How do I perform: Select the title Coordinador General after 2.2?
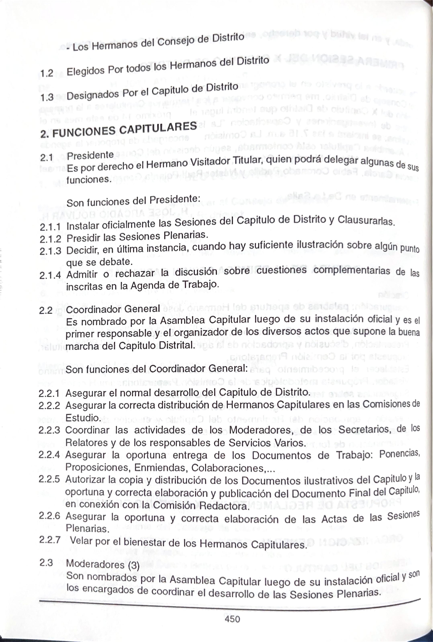113,309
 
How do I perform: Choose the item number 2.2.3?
49,430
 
